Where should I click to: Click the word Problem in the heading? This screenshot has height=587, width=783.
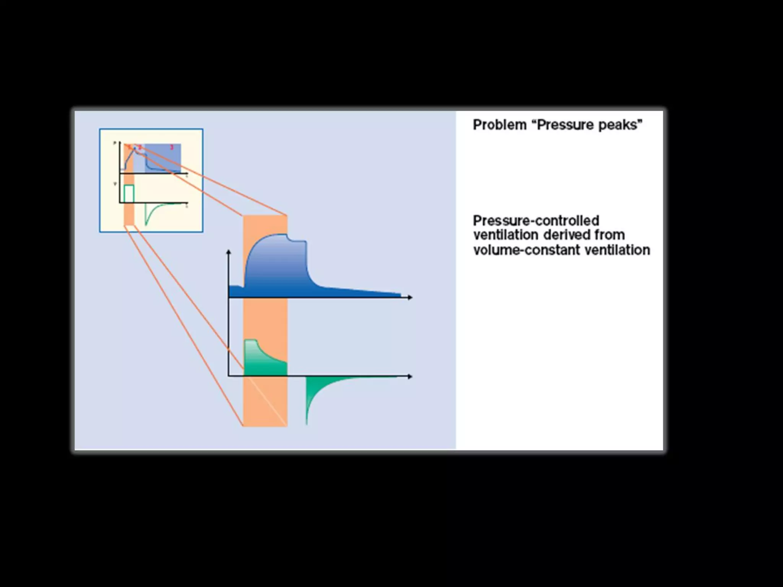(499, 125)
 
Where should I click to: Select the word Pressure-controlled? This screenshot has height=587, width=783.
(536, 221)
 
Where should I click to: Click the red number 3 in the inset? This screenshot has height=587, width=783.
(172, 147)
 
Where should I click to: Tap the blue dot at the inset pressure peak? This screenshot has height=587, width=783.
(134, 148)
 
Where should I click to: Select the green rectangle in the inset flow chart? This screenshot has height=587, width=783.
(129, 193)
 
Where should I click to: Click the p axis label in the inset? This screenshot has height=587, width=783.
(115, 143)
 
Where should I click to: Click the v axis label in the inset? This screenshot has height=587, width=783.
(115, 184)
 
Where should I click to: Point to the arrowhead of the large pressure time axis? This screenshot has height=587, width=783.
(410, 297)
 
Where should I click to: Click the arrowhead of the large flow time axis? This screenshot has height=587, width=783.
(410, 376)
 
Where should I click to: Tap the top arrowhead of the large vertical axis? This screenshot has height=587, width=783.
(229, 252)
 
